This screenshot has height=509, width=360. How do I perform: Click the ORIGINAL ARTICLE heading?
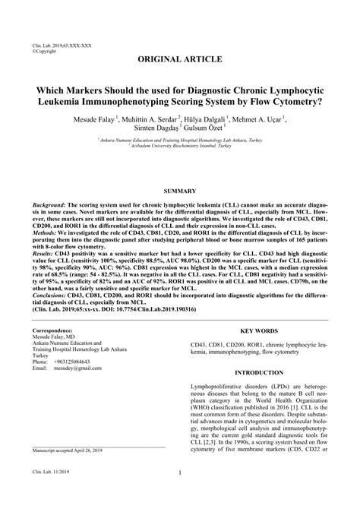180,58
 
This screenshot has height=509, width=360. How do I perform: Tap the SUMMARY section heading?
180,170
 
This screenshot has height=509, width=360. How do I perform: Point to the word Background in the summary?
49,185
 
